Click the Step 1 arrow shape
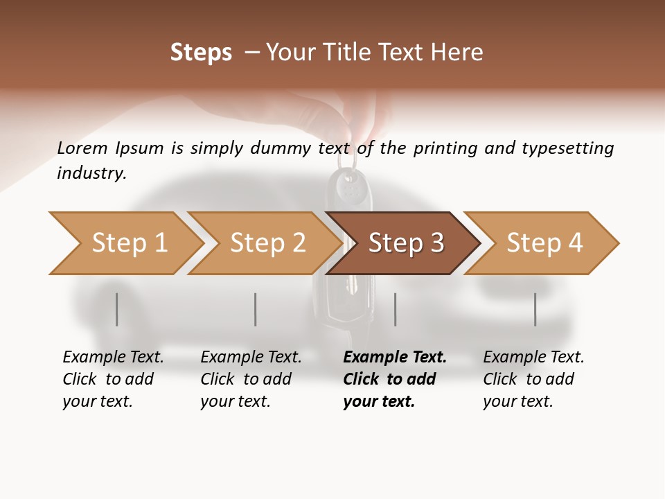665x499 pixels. point(125,243)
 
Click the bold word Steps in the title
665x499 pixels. point(201,53)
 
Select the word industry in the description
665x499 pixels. point(91,173)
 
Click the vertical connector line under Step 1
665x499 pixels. point(116,309)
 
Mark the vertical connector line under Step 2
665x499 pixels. point(255,309)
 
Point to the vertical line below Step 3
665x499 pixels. point(395,309)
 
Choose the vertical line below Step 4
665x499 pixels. point(535,309)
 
